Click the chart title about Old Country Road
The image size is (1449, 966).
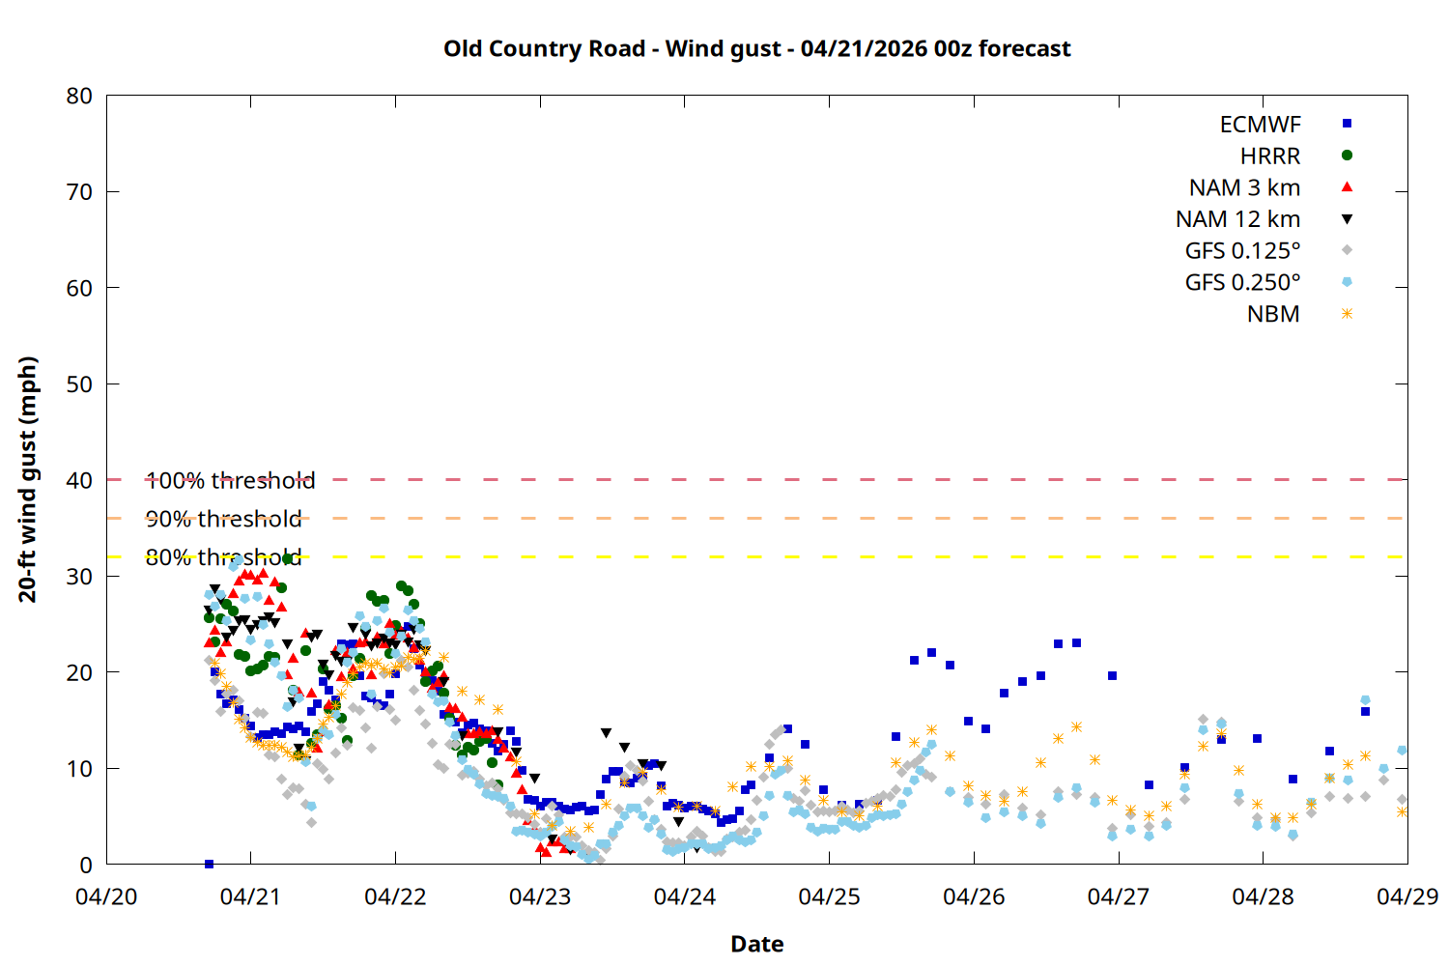(756, 49)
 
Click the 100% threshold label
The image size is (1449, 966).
(230, 481)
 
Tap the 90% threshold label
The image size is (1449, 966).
(223, 520)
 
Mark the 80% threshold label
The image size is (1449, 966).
(223, 558)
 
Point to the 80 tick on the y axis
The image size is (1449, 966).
(80, 96)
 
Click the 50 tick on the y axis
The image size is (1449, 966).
(80, 384)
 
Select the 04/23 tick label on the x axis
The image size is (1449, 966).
(540, 897)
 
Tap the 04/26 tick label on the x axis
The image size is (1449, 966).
(974, 897)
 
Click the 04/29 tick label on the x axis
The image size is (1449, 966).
(1406, 897)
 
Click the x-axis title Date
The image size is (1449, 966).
(756, 945)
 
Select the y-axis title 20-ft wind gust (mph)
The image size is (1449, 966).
(28, 479)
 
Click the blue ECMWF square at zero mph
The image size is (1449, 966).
(209, 864)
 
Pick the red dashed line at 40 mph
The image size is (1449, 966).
(773, 479)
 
